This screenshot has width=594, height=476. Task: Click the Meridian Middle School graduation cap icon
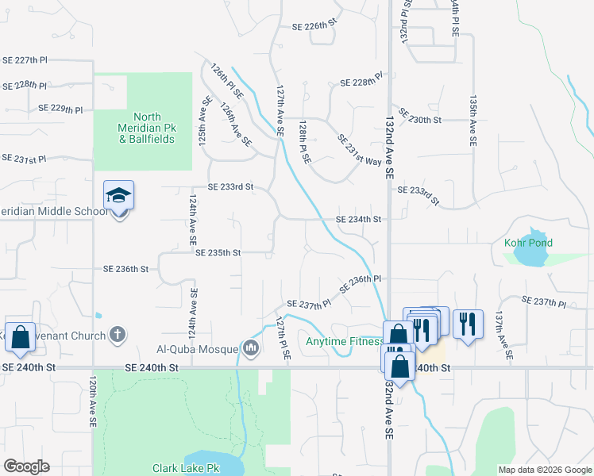[x=118, y=195]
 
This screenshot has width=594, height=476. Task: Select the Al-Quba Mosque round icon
[x=252, y=347]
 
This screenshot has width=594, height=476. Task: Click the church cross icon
[x=118, y=335]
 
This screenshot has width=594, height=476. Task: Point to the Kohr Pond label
[x=528, y=243]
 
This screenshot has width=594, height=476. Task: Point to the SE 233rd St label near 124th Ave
[x=230, y=187]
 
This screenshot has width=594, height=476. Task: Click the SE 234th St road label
[x=359, y=219]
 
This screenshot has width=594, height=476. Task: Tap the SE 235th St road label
[x=218, y=253]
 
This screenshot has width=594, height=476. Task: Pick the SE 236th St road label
[x=125, y=270]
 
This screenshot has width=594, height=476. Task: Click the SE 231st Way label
[x=359, y=149]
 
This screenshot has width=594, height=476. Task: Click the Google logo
[x=26, y=466]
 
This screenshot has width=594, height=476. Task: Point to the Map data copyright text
[x=545, y=470]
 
